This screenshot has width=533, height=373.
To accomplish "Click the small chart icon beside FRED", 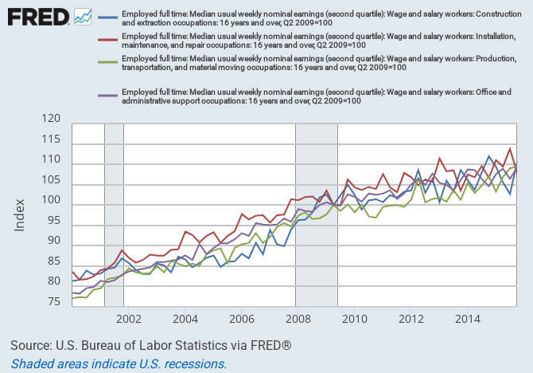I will point(83,16).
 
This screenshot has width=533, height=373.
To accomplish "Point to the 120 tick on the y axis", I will point(50,119).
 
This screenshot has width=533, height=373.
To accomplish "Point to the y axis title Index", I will point(20,214).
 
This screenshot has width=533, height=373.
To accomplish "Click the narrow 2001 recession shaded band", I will point(115,215).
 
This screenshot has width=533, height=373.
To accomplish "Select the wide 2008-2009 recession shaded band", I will point(317,215).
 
